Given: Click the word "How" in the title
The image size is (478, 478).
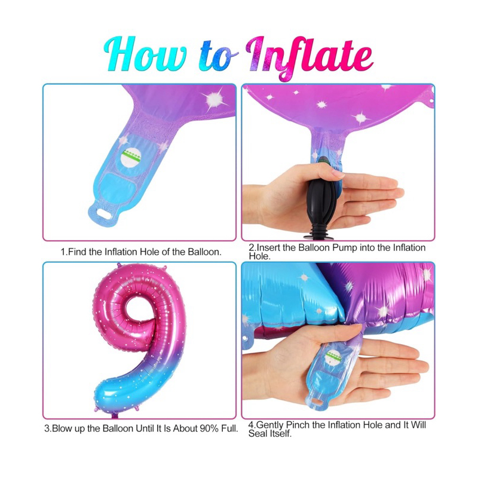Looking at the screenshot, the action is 145,54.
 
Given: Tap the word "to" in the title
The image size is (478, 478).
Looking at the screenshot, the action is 218,56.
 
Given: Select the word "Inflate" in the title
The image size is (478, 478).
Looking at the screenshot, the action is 309,59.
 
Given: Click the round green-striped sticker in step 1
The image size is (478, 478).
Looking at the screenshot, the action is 131,157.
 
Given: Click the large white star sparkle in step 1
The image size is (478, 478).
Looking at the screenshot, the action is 215,99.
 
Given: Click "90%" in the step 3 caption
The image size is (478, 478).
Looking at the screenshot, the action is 210,428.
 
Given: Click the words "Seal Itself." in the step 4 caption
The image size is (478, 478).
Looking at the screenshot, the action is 270,433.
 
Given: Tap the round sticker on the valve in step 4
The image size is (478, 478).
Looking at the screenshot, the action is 333,357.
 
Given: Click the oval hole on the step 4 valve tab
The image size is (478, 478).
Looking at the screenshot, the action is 317,403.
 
